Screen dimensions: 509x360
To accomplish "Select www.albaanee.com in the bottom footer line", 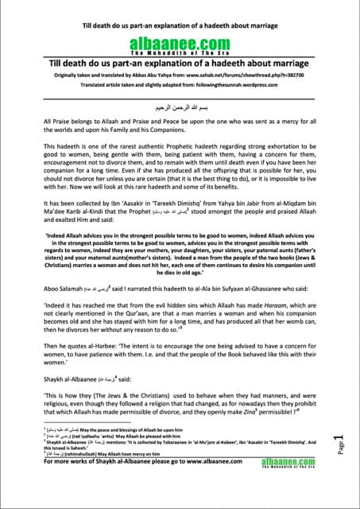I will coord(219,482).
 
